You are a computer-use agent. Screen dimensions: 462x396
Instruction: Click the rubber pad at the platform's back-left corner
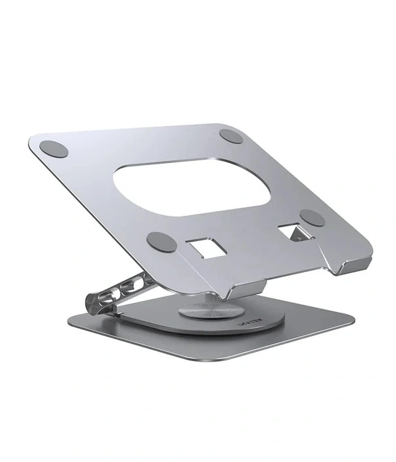[54, 148]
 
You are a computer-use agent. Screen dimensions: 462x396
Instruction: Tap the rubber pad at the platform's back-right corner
[232, 137]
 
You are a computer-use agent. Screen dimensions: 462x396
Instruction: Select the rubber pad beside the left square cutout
[160, 242]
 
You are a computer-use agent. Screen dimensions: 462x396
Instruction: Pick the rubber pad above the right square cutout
[312, 218]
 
